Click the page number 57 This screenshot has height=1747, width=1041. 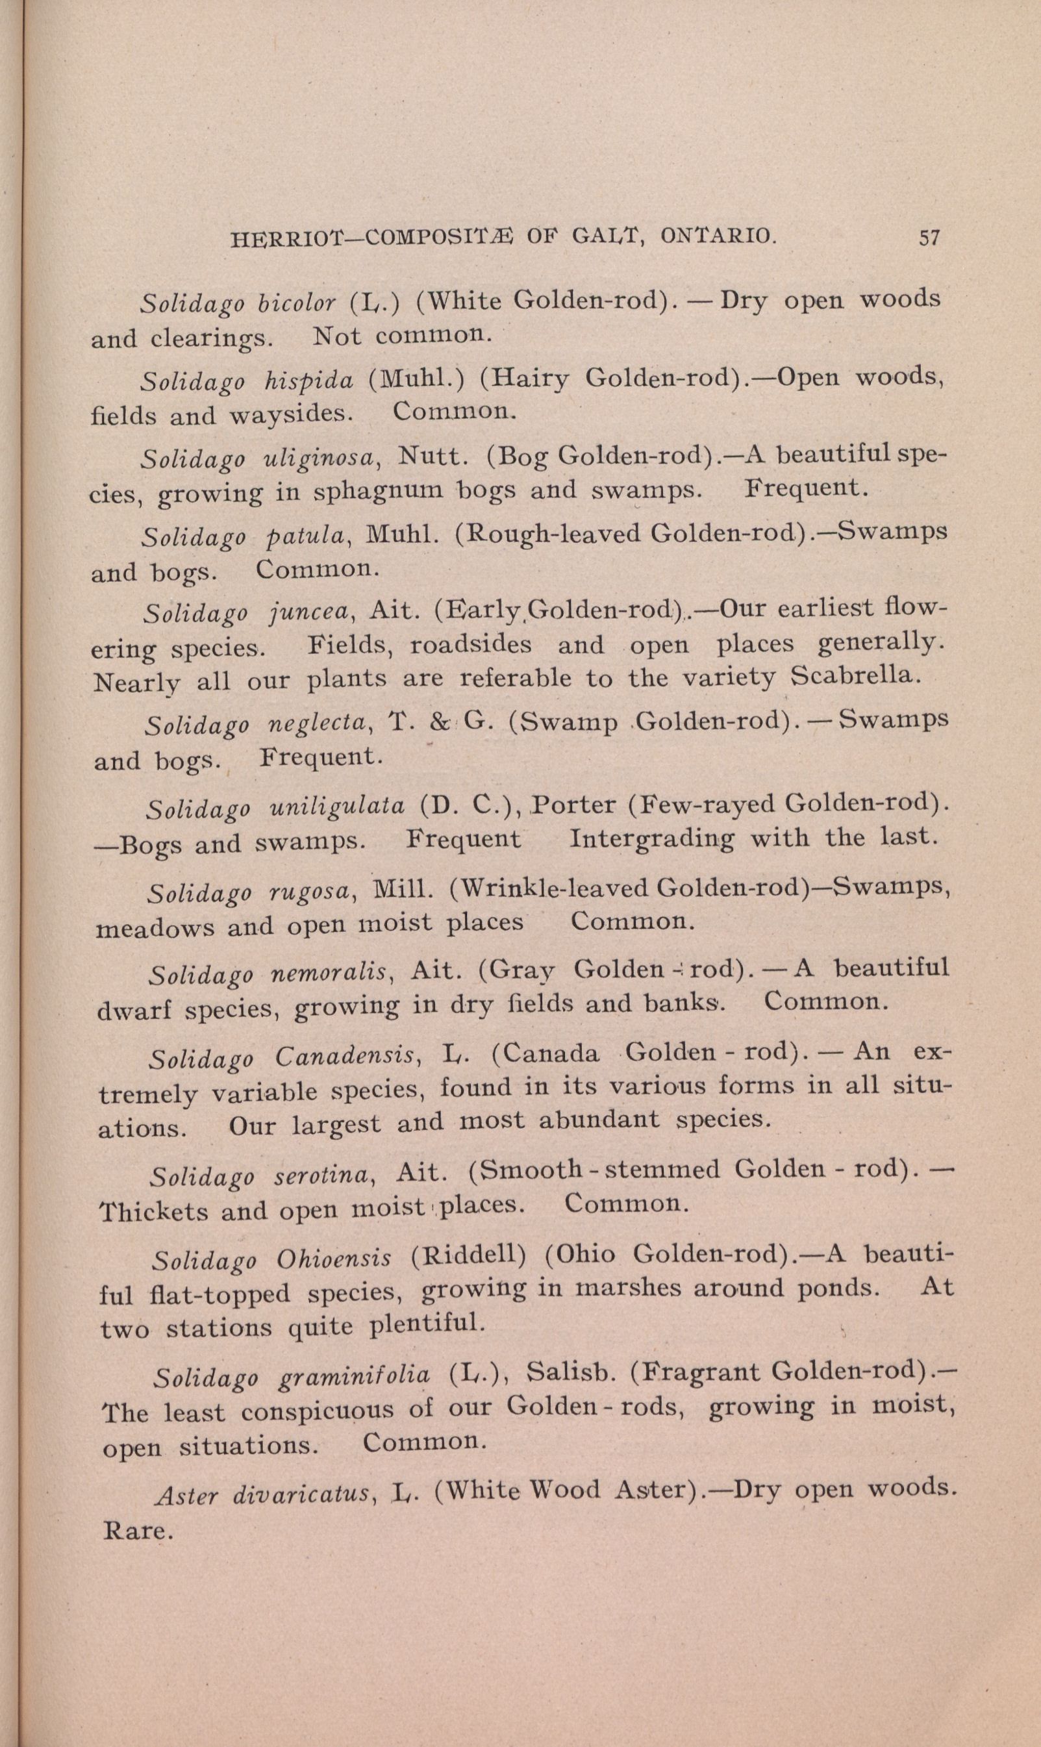click(x=928, y=238)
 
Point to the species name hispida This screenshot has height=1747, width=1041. click(x=309, y=380)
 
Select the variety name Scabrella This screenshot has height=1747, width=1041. click(x=854, y=675)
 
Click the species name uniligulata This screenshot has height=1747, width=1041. click(x=336, y=807)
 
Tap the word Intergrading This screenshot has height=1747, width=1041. click(x=653, y=839)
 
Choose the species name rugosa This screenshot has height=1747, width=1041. click(x=310, y=890)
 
